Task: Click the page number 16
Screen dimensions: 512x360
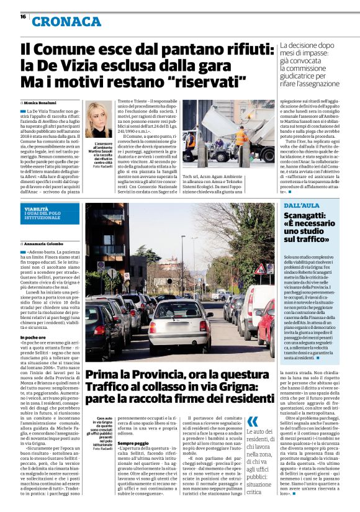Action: coord(23,17)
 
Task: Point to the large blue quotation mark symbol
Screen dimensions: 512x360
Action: coord(253,422)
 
